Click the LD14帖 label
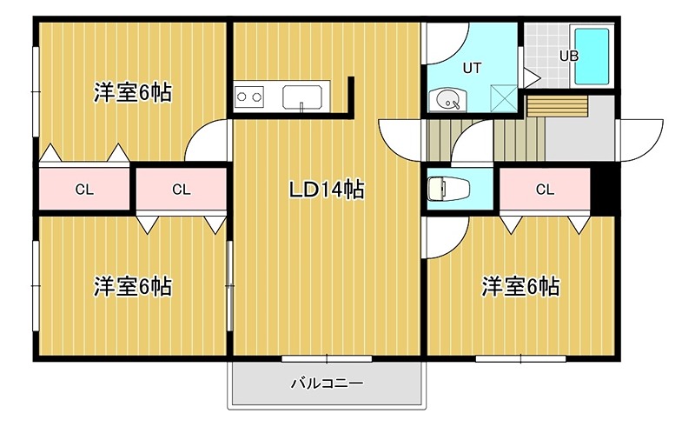(326, 190)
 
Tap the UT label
(472, 66)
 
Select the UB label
(568, 56)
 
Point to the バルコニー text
(326, 383)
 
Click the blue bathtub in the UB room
(594, 57)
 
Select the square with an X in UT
(503, 97)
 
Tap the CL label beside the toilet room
(545, 190)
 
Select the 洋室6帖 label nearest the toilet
(520, 286)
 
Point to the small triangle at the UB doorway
(532, 77)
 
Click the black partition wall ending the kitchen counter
(352, 96)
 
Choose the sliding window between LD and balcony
(327, 357)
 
